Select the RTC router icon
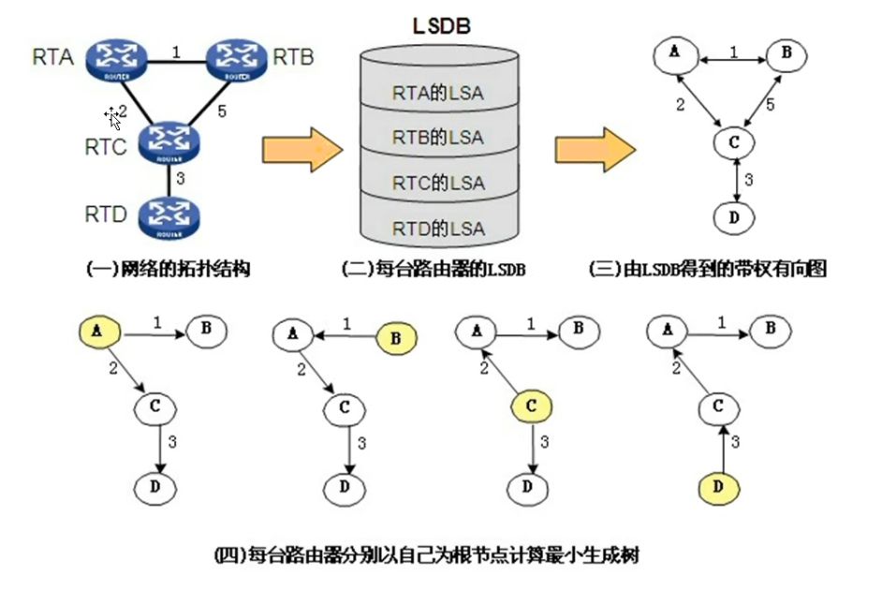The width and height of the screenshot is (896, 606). coord(170,142)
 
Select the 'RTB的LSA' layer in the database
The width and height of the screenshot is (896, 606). coord(438,138)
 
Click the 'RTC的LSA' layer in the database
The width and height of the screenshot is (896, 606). coord(438,183)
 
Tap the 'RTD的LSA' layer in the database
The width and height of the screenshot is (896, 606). coord(438,228)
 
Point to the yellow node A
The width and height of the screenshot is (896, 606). coord(98,330)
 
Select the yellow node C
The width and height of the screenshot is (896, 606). coord(530,406)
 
